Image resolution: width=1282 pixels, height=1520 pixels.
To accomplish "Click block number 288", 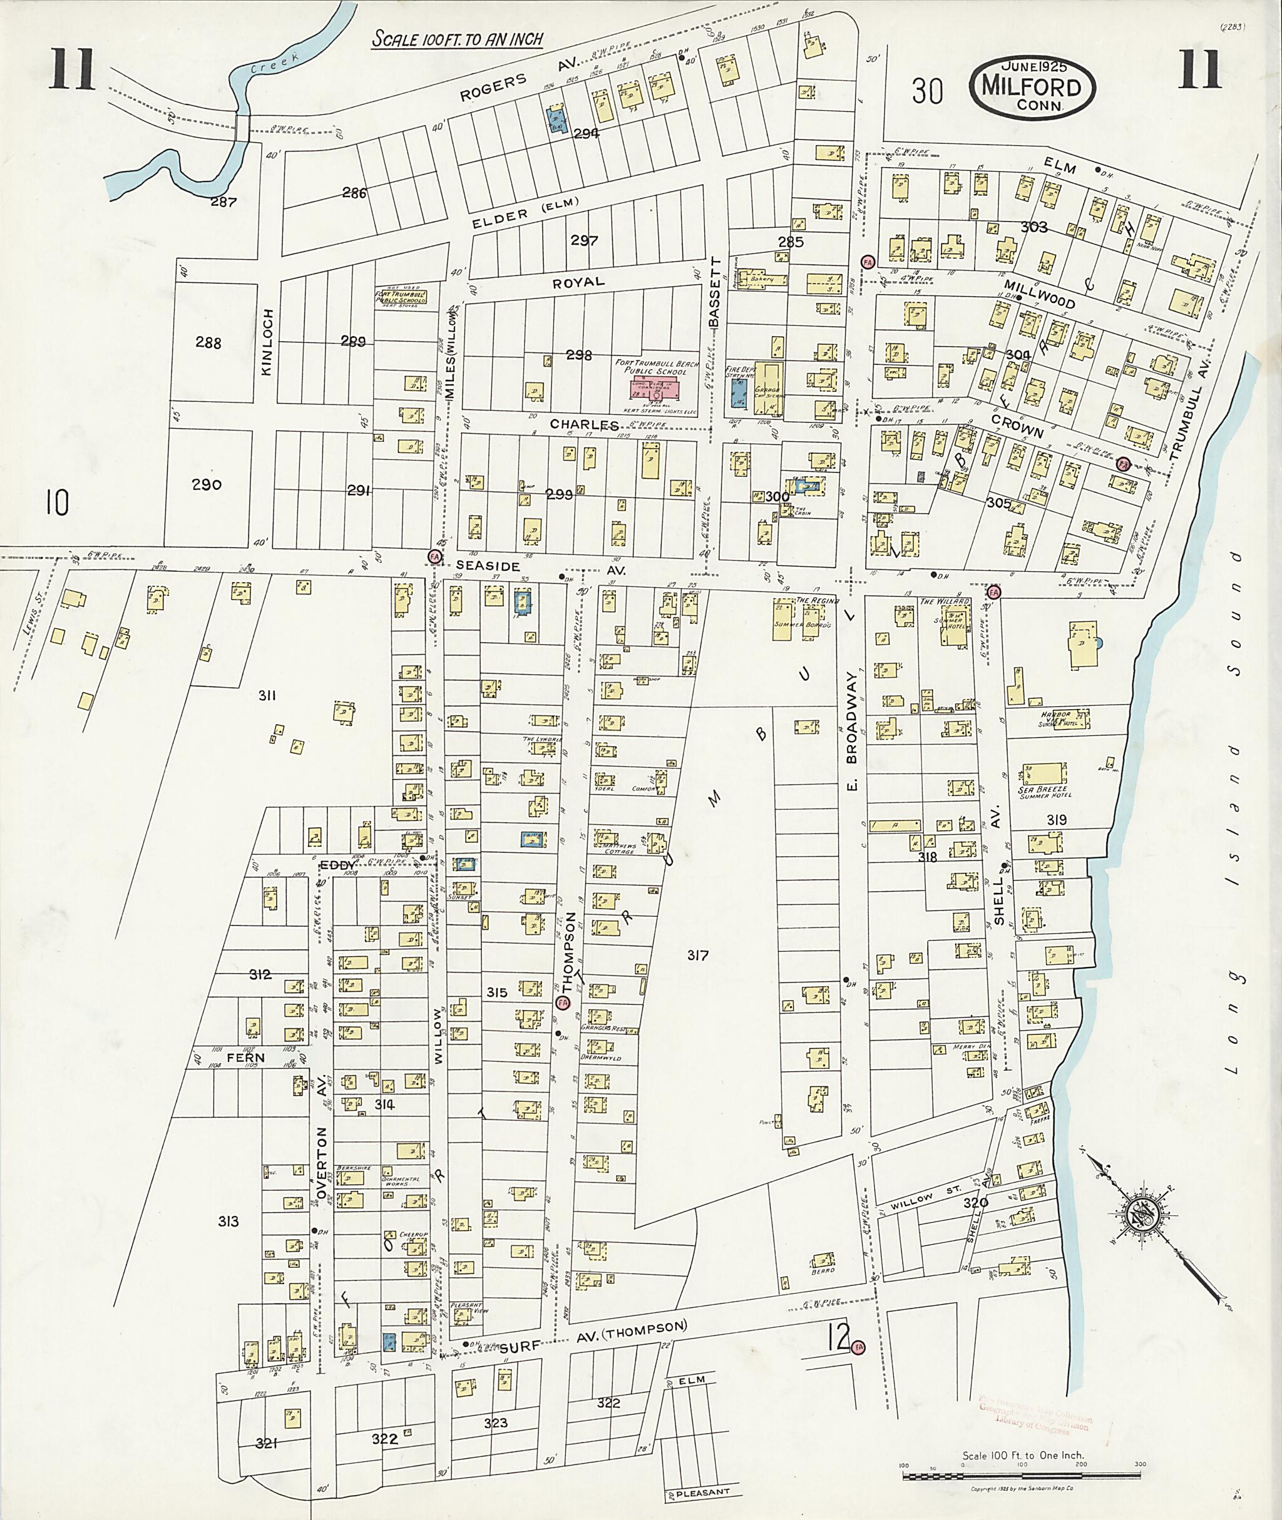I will click(x=208, y=342).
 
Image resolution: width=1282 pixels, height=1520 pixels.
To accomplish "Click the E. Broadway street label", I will click(x=852, y=734).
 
